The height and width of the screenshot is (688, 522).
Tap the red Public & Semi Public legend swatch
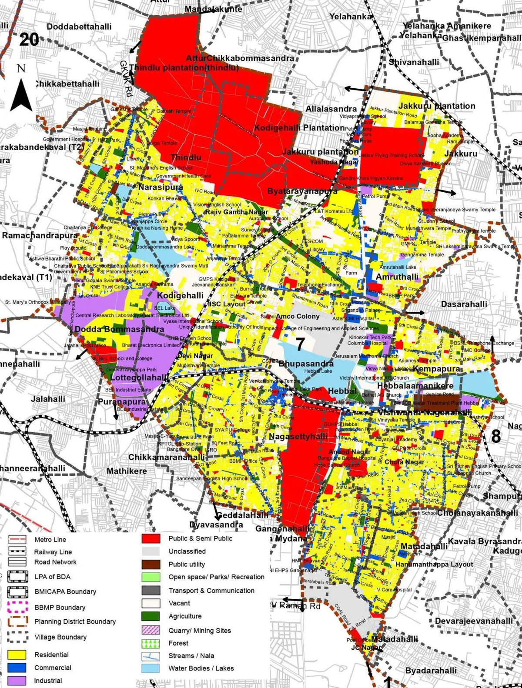pos(151,538)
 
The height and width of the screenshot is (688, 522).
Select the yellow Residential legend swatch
pos(17,655)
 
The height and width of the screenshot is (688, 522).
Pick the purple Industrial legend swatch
pos(17,680)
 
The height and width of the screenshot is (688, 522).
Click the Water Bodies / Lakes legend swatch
pos(151,668)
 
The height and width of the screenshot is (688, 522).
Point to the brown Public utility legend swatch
pos(151,564)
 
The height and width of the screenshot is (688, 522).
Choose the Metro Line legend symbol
pos(17,540)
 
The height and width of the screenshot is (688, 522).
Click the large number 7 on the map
pos(300,344)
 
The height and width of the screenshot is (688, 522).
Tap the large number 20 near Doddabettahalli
pos(29,40)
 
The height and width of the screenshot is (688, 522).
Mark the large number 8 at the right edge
pos(496,436)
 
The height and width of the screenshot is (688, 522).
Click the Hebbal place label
pos(342,391)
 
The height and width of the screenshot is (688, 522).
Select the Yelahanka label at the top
pos(351,17)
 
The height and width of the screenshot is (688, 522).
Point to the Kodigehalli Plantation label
pos(299,128)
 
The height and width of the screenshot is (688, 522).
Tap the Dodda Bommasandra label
pos(119,329)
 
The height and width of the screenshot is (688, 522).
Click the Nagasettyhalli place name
pos(298,436)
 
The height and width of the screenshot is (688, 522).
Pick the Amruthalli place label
pos(397,277)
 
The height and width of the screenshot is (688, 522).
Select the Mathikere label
pos(127,471)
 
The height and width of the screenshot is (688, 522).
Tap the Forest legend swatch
pos(151,643)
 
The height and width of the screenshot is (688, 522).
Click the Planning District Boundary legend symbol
pos(17,621)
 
